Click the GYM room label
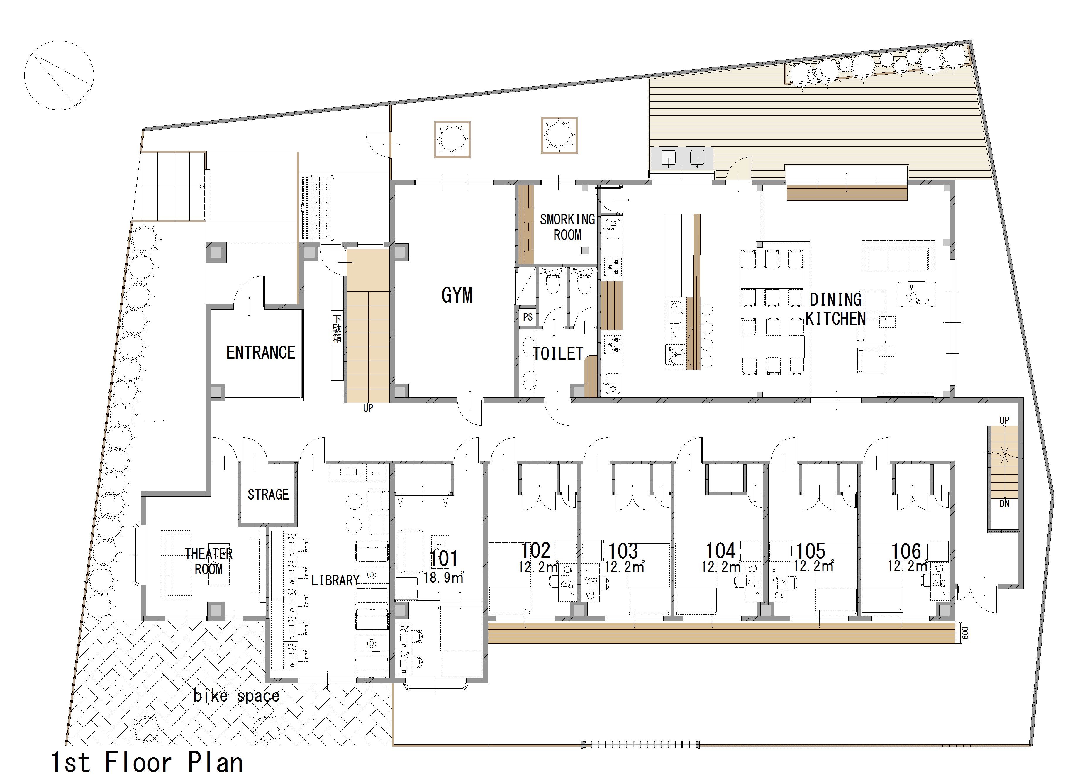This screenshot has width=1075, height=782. click(x=457, y=295)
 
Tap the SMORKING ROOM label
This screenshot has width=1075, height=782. click(x=567, y=227)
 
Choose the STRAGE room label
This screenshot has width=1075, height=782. click(x=268, y=495)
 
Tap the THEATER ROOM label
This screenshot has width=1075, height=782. click(x=208, y=561)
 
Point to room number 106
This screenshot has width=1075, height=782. click(x=906, y=551)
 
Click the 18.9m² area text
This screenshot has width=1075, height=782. click(x=444, y=577)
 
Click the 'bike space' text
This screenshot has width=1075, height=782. click(x=236, y=696)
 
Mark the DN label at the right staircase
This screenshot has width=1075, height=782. click(x=1004, y=504)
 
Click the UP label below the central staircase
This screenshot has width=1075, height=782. click(x=368, y=408)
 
